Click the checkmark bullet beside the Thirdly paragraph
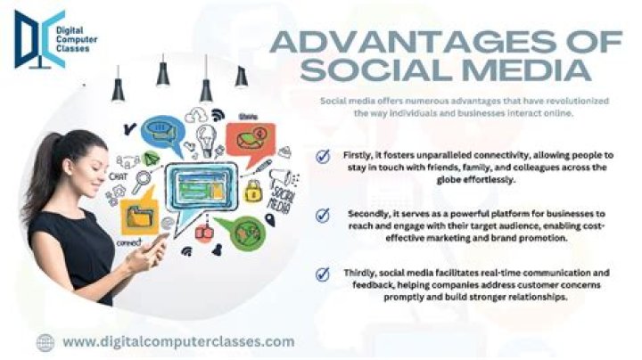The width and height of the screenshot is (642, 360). (323, 274)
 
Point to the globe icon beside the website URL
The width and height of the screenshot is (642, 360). (45, 341)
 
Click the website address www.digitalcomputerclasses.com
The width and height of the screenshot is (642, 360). (178, 341)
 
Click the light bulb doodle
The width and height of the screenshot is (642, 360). (207, 138)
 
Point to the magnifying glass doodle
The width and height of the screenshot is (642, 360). (142, 184)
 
